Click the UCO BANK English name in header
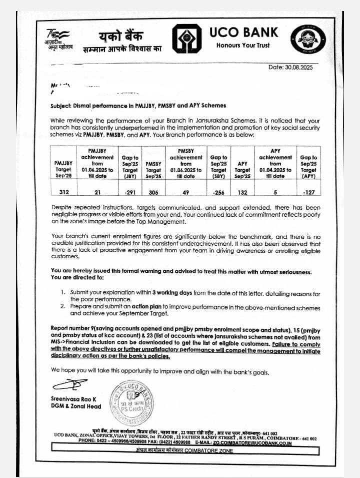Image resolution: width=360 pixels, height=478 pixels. click(x=243, y=33)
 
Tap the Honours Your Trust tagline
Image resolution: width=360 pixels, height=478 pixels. click(x=242, y=46)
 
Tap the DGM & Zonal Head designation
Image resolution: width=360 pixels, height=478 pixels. click(x=75, y=406)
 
